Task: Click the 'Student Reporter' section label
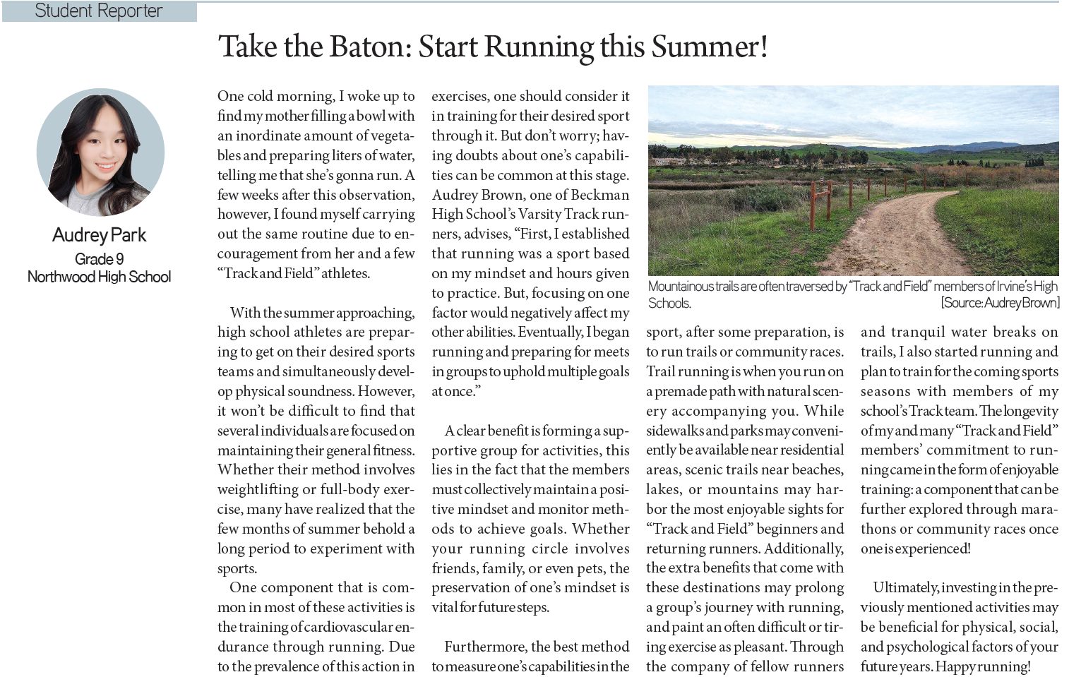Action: (x=98, y=11)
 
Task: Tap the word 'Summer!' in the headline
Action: (x=709, y=47)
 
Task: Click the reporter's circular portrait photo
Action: (x=100, y=152)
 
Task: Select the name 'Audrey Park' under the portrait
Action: (x=100, y=235)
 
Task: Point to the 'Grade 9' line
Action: (x=100, y=258)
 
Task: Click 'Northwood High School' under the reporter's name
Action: (x=100, y=277)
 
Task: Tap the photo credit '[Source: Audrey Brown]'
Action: (x=1000, y=303)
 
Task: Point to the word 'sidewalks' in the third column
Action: (x=674, y=431)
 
